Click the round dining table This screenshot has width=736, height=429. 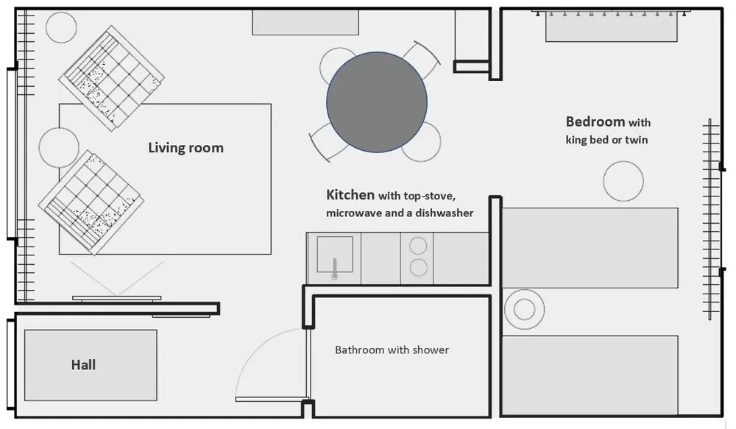[377, 102]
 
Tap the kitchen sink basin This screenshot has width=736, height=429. [335, 255]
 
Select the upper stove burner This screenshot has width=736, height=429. [418, 246]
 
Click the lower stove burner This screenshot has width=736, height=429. [418, 268]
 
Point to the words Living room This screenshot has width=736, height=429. [186, 148]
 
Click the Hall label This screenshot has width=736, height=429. [84, 365]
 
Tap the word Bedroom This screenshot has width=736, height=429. [595, 121]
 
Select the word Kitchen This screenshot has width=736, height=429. [350, 195]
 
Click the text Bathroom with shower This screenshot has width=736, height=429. [392, 350]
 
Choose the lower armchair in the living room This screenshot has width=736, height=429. [91, 203]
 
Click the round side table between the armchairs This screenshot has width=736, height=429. [59, 147]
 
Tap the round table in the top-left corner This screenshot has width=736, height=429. [61, 27]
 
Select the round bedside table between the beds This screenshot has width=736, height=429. [524, 309]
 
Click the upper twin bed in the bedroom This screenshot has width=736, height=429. [590, 248]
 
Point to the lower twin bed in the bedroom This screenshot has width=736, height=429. [590, 375]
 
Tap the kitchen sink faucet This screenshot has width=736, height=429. [335, 269]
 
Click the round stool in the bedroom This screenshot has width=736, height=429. [623, 181]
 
